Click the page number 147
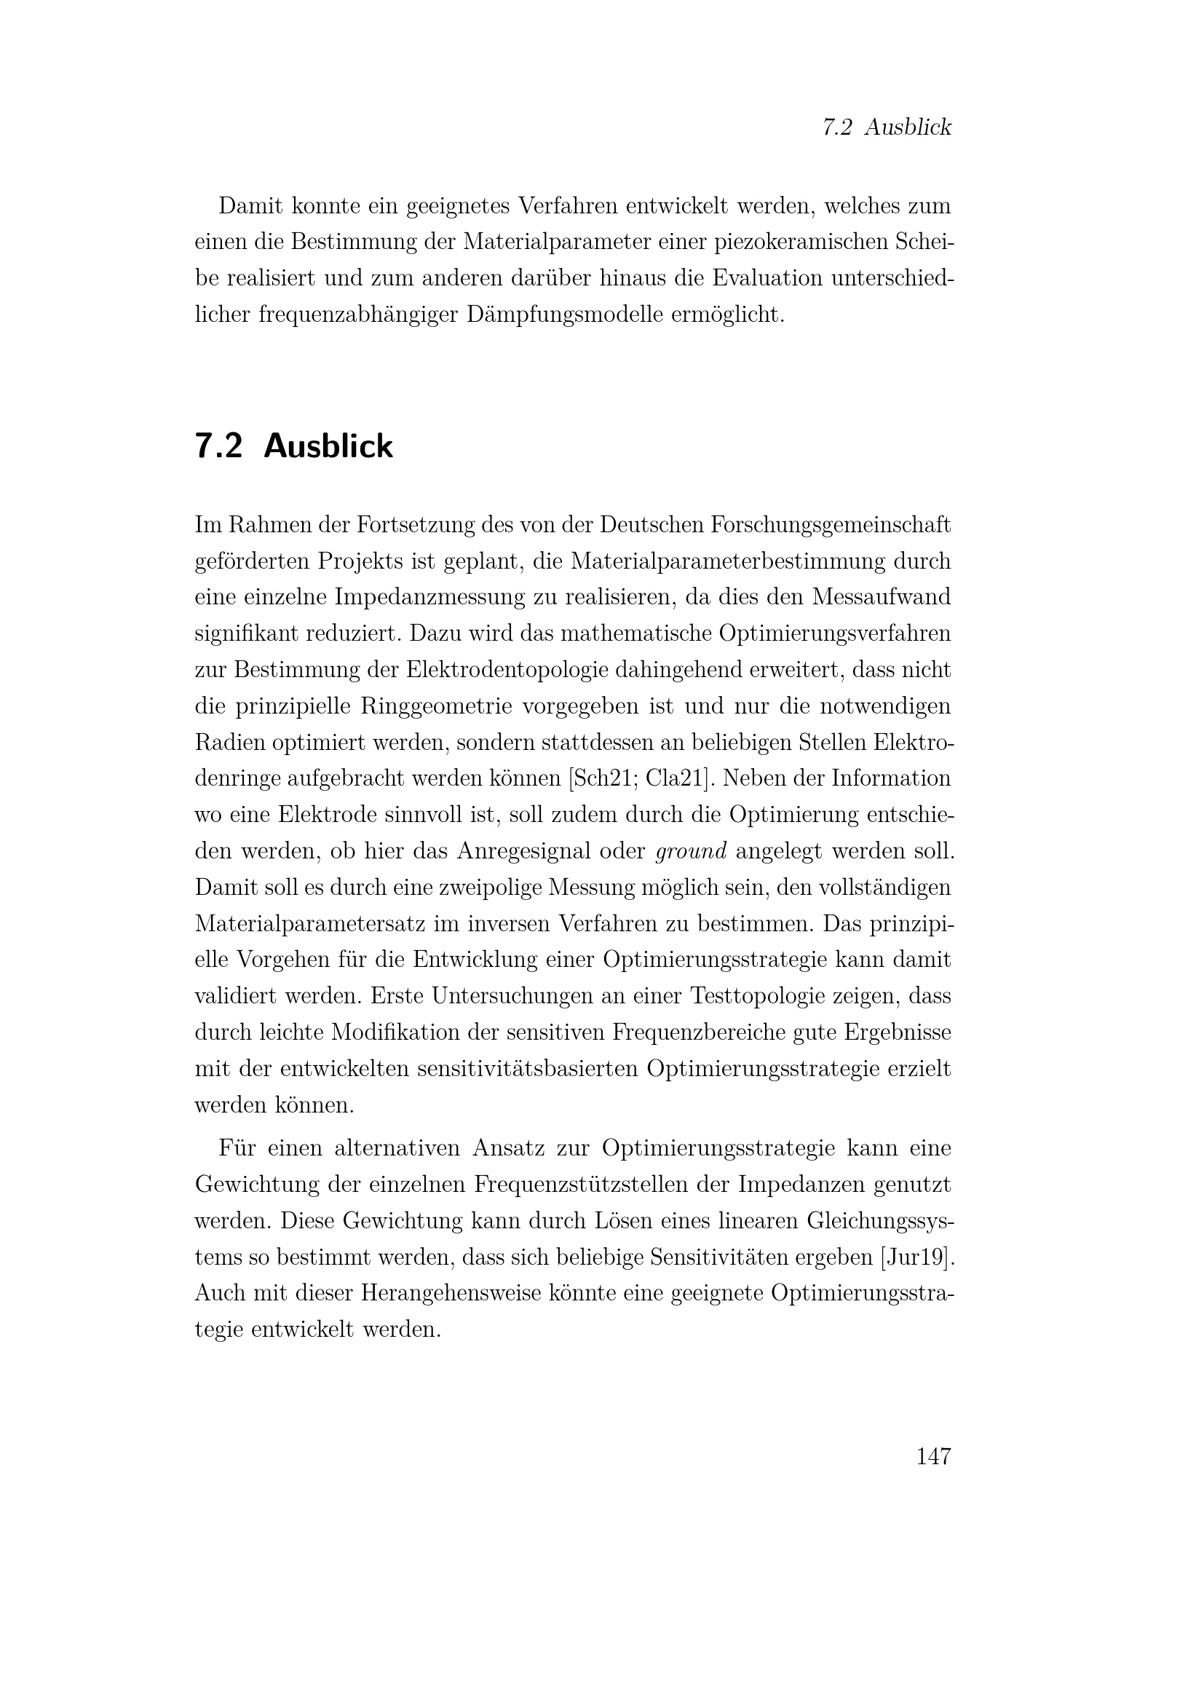click(933, 1457)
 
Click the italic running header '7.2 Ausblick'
click(887, 127)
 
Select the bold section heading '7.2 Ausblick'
click(293, 446)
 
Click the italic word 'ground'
click(691, 852)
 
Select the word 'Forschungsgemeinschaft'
click(831, 525)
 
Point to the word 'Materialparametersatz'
click(307, 924)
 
